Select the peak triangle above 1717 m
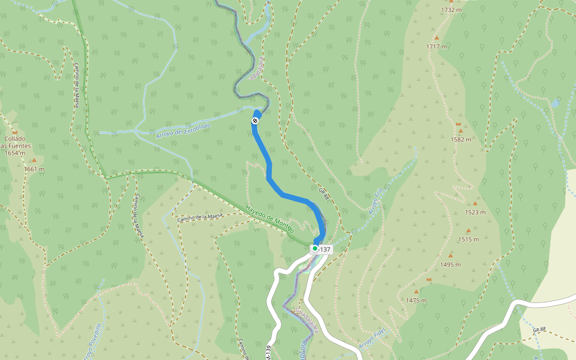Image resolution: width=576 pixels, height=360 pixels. pos(437,38)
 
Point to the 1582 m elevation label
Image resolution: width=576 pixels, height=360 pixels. pos(461,139)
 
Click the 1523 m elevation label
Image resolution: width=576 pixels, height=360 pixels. pos(475,212)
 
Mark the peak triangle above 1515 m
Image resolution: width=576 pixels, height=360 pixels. pos(469,230)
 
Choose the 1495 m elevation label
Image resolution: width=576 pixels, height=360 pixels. pos(450,265)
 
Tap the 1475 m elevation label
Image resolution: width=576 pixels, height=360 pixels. pos(416,301)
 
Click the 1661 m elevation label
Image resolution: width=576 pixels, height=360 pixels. pos(34,169)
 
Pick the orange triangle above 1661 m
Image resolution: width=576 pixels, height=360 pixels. pos(34,160)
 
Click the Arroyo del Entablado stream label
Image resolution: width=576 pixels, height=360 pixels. pos(183,131)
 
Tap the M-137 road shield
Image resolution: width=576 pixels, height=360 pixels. pos(324,249)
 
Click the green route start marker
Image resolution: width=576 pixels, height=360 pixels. pos(314,248)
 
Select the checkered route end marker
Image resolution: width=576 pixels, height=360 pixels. pos(255,121)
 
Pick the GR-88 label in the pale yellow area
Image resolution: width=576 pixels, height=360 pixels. pos(538,329)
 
